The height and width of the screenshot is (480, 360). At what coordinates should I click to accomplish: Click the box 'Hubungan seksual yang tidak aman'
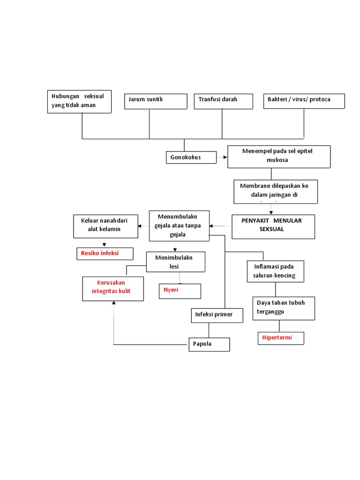[x=79, y=101]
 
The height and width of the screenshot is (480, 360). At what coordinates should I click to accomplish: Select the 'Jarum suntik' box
[x=150, y=101]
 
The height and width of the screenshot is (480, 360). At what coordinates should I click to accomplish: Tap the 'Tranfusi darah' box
[x=223, y=101]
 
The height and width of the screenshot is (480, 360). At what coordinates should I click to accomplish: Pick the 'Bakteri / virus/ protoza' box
[x=304, y=101]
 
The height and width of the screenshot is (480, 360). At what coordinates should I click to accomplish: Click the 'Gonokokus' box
[x=191, y=157]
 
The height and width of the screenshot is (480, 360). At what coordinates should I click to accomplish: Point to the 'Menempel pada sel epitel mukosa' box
[x=278, y=157]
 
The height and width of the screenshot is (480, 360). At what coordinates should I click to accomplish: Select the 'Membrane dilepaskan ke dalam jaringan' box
[x=275, y=191]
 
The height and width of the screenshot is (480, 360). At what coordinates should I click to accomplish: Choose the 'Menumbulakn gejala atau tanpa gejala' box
[x=179, y=226]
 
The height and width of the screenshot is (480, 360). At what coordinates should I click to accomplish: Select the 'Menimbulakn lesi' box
[x=175, y=262]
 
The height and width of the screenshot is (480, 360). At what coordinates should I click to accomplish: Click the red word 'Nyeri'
[x=171, y=290]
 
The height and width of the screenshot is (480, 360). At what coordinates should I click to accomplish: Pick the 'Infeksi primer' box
[x=216, y=315]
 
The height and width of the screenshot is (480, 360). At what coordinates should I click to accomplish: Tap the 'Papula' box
[x=209, y=344]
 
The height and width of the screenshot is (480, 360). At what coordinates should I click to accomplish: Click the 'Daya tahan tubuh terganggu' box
[x=283, y=307]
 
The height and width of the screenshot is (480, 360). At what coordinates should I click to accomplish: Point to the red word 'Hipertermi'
[x=277, y=337]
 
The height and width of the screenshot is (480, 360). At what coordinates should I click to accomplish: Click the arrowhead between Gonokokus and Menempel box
[x=225, y=158]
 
